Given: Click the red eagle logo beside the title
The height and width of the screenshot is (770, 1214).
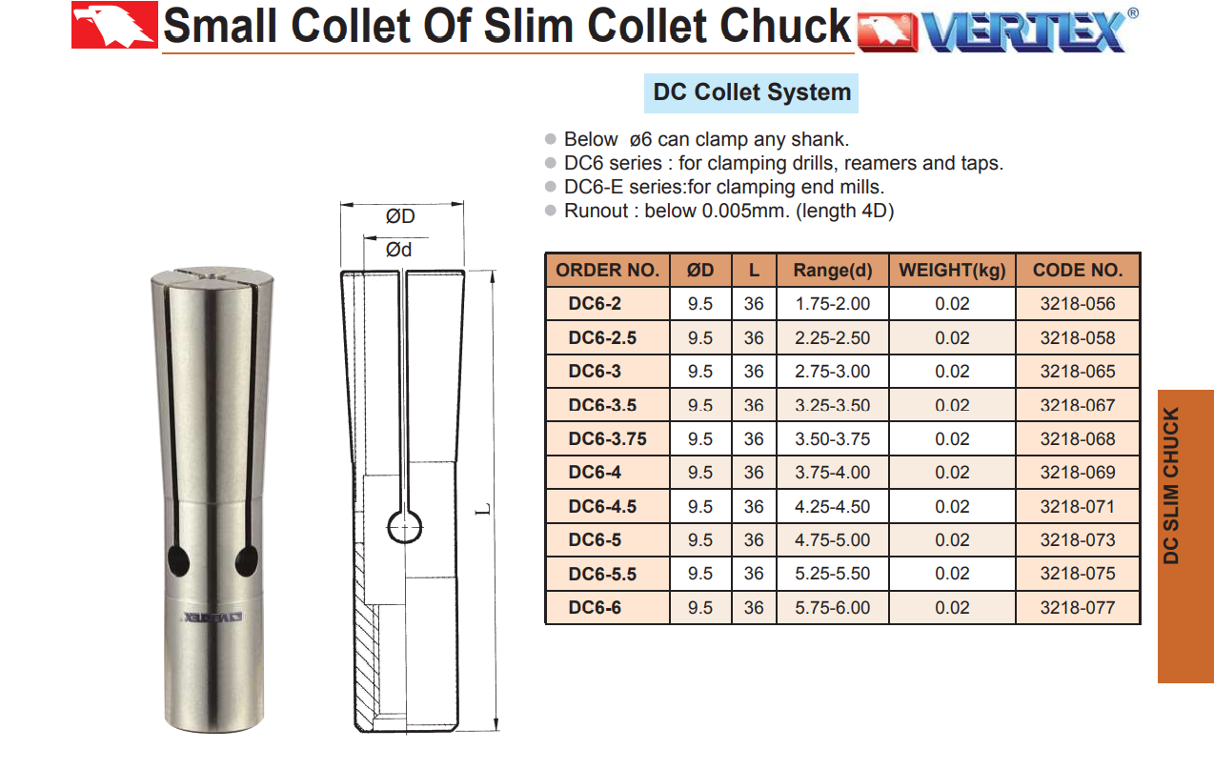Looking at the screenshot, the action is (x=114, y=25).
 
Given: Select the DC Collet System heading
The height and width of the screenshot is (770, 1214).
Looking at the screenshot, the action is (x=752, y=92).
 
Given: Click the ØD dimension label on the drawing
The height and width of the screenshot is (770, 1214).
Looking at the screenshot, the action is (x=400, y=216).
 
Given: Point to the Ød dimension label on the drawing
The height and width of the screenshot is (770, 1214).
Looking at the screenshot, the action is (x=398, y=251).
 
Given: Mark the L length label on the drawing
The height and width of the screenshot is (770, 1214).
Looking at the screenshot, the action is (x=483, y=509).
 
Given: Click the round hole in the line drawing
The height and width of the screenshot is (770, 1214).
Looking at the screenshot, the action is (x=404, y=527).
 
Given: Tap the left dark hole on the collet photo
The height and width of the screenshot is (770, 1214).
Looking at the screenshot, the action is (x=178, y=561).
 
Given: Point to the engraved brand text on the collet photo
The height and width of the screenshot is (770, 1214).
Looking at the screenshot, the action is (x=213, y=618).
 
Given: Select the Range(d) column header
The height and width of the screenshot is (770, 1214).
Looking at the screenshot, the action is (x=833, y=271).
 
